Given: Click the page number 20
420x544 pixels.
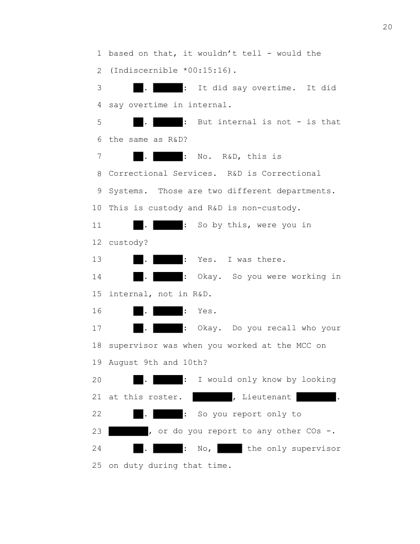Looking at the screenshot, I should coord(387,27).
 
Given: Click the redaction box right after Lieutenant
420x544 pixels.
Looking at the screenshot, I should coord(316,397).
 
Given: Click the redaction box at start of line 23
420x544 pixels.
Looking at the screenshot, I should coord(128,431).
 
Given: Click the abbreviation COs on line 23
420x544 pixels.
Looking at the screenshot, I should coord(313,431).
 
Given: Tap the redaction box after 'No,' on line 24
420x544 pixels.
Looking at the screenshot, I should coord(230,449).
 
